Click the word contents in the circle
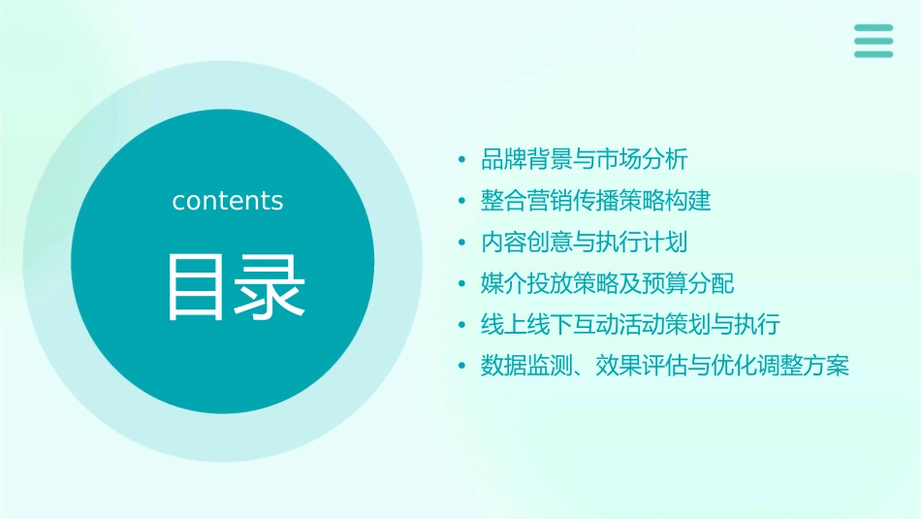click(x=228, y=201)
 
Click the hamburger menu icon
click(x=873, y=41)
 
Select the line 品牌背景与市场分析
click(x=585, y=159)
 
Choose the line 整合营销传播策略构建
click(x=595, y=201)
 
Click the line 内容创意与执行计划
click(x=585, y=242)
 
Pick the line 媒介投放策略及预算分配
click(x=607, y=283)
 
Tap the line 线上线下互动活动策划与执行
click(x=630, y=324)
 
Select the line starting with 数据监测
click(x=664, y=366)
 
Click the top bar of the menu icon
click(x=873, y=28)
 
